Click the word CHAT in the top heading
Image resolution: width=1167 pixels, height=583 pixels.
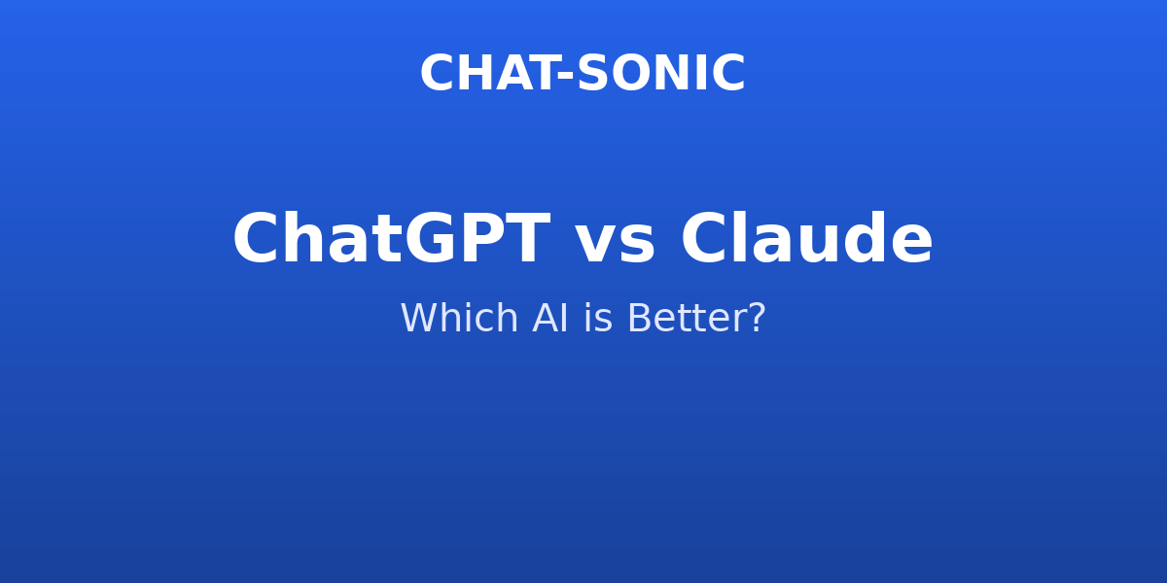(488, 74)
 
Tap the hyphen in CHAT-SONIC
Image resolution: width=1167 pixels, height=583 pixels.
(566, 76)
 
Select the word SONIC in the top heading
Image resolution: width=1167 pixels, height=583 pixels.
(661, 74)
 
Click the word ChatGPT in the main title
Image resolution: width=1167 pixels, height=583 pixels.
(392, 238)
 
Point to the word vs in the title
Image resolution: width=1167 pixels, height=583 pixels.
(615, 245)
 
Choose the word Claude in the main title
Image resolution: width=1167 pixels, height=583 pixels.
(807, 238)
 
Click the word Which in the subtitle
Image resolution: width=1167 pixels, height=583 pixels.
(459, 317)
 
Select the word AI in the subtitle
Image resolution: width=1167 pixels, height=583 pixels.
(549, 318)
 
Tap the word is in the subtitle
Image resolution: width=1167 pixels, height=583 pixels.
(597, 318)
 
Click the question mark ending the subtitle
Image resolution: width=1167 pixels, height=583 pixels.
(757, 317)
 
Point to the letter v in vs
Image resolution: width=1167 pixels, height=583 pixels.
(595, 245)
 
